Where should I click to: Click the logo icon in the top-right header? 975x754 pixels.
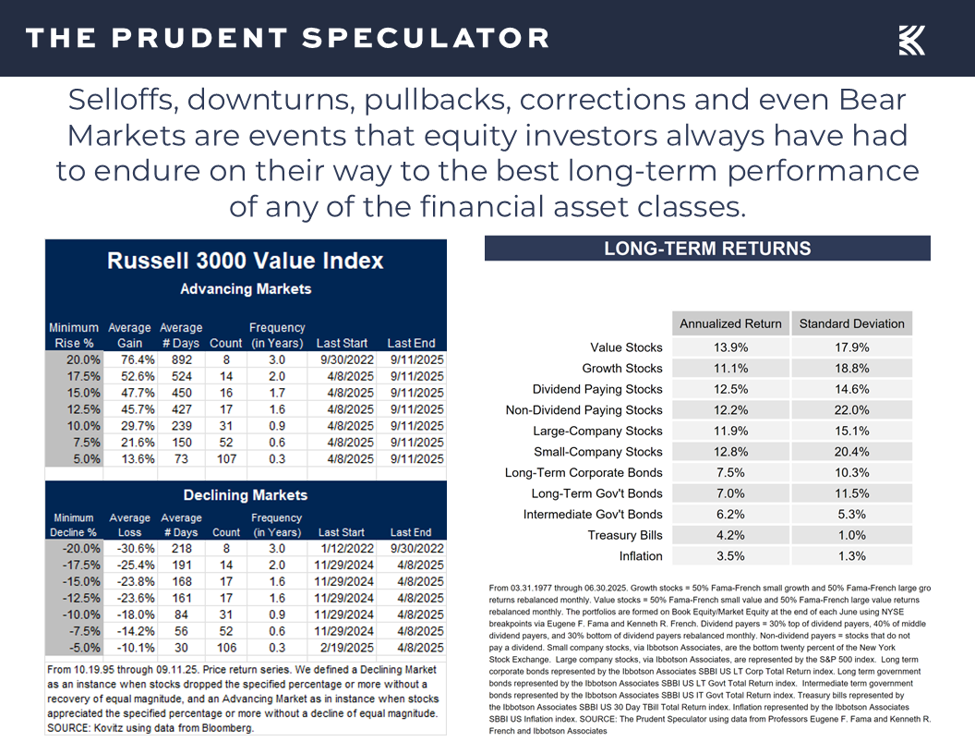[912, 40]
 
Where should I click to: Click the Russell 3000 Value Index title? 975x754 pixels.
[245, 261]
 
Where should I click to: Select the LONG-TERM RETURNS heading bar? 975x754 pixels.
[707, 249]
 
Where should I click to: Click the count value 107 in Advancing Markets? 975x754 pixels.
[226, 459]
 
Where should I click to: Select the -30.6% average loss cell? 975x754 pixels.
[130, 548]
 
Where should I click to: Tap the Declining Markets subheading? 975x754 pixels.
[245, 495]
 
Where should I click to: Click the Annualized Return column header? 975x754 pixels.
[730, 323]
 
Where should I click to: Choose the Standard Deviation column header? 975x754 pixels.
[851, 323]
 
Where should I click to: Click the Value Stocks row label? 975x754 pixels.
[626, 347]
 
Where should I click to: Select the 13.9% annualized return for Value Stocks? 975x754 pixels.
[730, 347]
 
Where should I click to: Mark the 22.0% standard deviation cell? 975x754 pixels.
[851, 410]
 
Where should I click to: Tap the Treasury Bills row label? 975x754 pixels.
[625, 535]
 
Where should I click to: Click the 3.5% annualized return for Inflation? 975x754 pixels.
[730, 556]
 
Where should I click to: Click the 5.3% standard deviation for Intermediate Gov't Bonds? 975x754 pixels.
[851, 515]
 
